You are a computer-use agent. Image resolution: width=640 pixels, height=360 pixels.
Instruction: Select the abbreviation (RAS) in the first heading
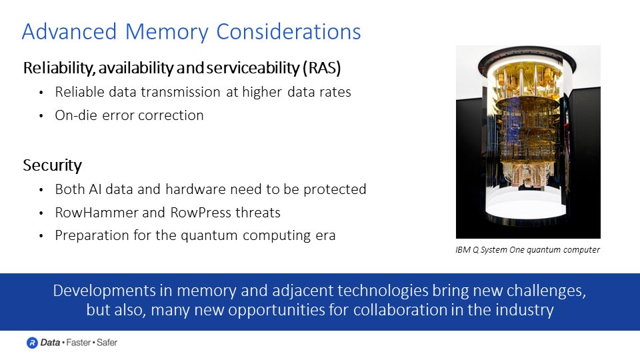point(323,68)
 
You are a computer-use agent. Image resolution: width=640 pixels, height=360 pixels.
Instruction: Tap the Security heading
point(53,165)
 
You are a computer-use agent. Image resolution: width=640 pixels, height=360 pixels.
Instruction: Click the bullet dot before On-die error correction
point(42,116)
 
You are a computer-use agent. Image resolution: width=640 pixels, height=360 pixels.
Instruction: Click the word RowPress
point(197,213)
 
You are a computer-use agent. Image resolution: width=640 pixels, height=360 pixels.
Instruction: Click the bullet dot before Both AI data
point(42,190)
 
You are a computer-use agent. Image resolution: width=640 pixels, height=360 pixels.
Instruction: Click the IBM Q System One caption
point(528,250)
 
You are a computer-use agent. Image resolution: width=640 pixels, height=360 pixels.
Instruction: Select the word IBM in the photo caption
point(463,250)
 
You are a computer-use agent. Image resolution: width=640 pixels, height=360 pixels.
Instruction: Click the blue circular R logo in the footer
point(32,343)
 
